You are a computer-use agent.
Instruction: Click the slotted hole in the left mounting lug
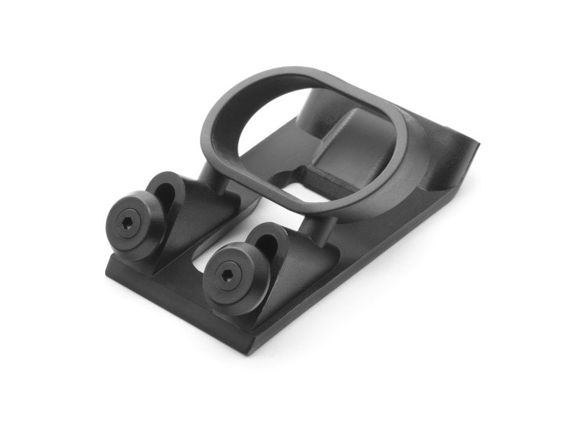click(x=165, y=188)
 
